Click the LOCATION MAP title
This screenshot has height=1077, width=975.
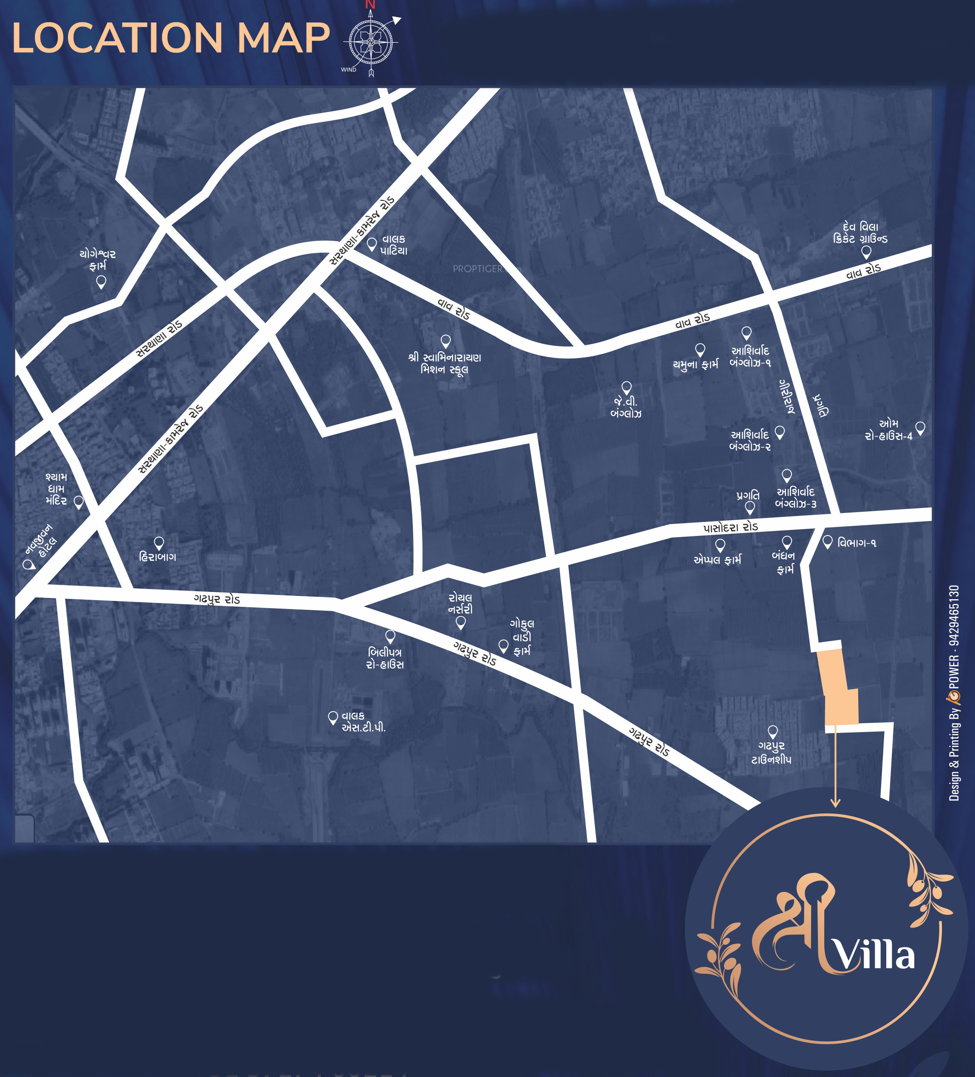(171, 39)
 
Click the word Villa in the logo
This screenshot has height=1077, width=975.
(874, 956)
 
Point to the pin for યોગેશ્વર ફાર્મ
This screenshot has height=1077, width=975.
(101, 282)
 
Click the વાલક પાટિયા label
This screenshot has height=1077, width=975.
(394, 245)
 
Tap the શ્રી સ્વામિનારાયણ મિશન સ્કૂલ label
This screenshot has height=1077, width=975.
(445, 363)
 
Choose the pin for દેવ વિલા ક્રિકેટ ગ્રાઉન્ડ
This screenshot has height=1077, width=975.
(866, 251)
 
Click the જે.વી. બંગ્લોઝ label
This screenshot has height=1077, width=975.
(626, 407)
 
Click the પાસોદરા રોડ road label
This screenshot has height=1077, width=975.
(730, 527)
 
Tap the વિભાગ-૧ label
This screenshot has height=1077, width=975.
(857, 543)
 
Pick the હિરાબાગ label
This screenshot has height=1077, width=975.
(158, 557)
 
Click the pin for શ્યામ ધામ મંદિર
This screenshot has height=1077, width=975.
(79, 502)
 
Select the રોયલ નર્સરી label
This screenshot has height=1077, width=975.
(460, 603)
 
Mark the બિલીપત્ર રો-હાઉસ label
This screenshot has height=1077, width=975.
(385, 658)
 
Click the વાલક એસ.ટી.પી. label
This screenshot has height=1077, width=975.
(363, 721)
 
